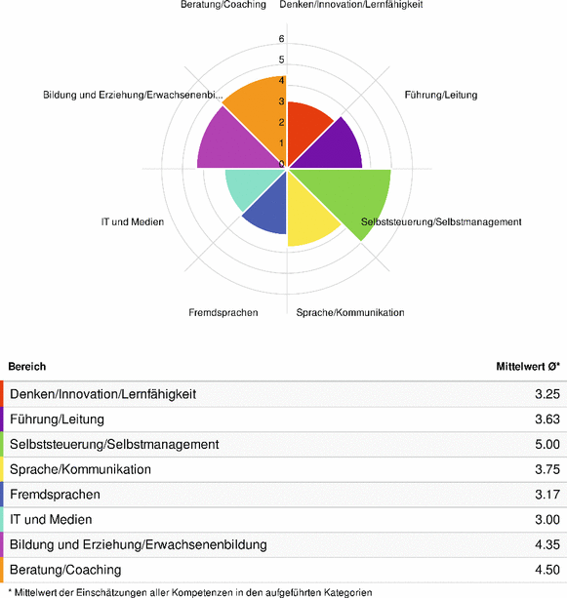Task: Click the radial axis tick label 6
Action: click(281, 40)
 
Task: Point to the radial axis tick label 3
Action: click(281, 101)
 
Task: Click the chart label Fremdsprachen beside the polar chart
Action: click(223, 312)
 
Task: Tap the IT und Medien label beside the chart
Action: click(133, 221)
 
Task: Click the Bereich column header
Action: click(27, 366)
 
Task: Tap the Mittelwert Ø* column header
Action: click(527, 366)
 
